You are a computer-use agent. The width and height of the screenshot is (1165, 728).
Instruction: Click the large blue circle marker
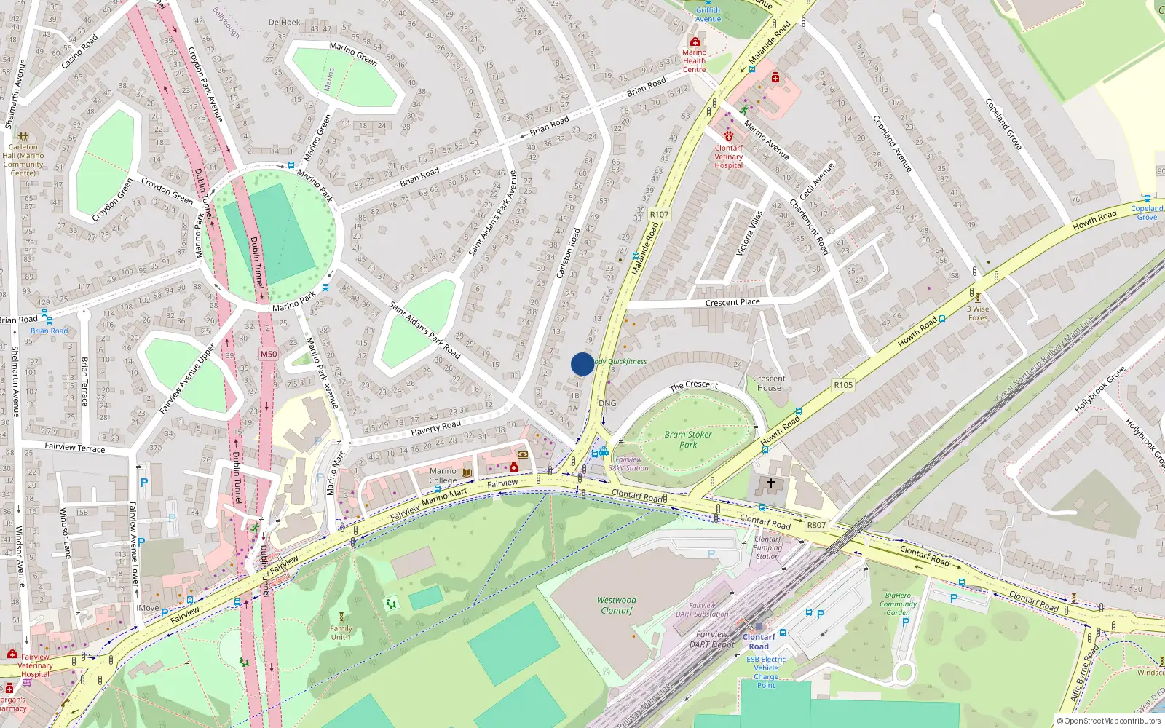(x=582, y=364)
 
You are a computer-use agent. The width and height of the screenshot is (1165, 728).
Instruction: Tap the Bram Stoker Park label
(x=688, y=440)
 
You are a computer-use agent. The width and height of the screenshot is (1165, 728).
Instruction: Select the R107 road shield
(x=659, y=214)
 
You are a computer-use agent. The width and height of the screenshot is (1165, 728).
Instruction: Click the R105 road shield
(x=843, y=385)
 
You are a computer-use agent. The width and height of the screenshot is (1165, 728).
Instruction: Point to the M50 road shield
(x=269, y=355)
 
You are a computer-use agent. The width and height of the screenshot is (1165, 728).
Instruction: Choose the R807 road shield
(x=816, y=525)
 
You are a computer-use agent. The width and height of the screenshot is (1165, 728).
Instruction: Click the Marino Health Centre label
(x=694, y=61)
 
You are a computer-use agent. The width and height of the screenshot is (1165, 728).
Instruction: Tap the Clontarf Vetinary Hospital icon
(x=728, y=136)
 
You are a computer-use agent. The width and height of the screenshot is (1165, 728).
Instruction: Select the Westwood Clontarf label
(x=617, y=606)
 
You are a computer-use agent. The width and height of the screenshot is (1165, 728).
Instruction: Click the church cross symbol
(x=771, y=483)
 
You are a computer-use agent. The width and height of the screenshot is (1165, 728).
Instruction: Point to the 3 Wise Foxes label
(x=978, y=313)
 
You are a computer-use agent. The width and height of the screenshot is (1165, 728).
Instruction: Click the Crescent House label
(x=769, y=383)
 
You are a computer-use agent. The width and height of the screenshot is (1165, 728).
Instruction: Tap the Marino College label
(x=443, y=475)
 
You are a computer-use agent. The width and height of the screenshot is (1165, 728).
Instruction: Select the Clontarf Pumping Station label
(x=767, y=547)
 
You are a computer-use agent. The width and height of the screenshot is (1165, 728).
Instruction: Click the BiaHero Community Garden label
(x=898, y=604)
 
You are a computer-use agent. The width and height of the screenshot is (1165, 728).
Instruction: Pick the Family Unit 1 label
(x=341, y=633)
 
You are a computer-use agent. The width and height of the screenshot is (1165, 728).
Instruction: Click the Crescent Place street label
(x=732, y=303)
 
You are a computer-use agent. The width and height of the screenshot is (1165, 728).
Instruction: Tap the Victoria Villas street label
(x=749, y=233)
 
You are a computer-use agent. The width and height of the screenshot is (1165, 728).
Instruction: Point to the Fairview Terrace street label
(x=75, y=447)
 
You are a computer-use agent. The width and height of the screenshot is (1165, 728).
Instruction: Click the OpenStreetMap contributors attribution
(x=1109, y=721)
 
